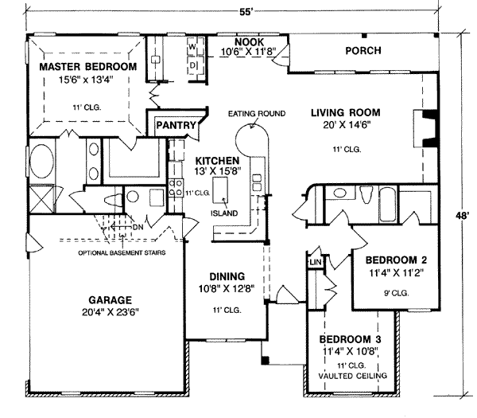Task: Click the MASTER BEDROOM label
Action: tap(88, 66)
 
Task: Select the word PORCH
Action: tap(363, 51)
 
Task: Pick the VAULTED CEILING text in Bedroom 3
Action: tap(351, 375)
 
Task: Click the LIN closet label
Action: tap(315, 262)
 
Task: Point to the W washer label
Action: tap(192, 48)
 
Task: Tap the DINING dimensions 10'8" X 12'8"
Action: tap(226, 289)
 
